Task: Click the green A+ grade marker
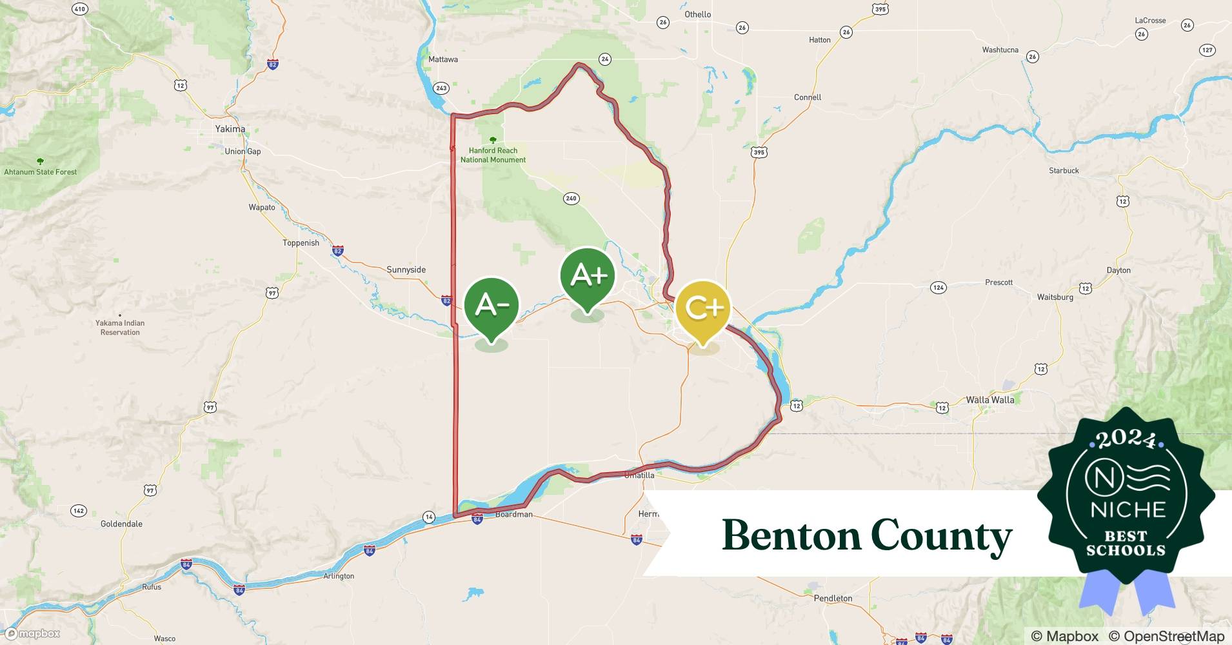(588, 276)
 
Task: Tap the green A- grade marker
(492, 306)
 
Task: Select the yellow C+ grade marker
(703, 308)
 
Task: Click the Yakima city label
(230, 129)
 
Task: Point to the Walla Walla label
(989, 400)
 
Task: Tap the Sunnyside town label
(406, 270)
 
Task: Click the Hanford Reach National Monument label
(493, 155)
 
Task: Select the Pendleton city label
(833, 599)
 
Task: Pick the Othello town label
(698, 14)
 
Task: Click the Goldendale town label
(121, 524)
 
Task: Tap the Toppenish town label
(301, 243)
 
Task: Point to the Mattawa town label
(443, 59)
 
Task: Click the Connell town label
(808, 97)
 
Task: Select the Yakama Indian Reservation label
(120, 328)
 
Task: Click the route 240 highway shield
(571, 199)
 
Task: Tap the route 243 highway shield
(441, 88)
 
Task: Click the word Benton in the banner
(791, 535)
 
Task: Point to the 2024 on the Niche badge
(1126, 439)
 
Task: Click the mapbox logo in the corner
(34, 634)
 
